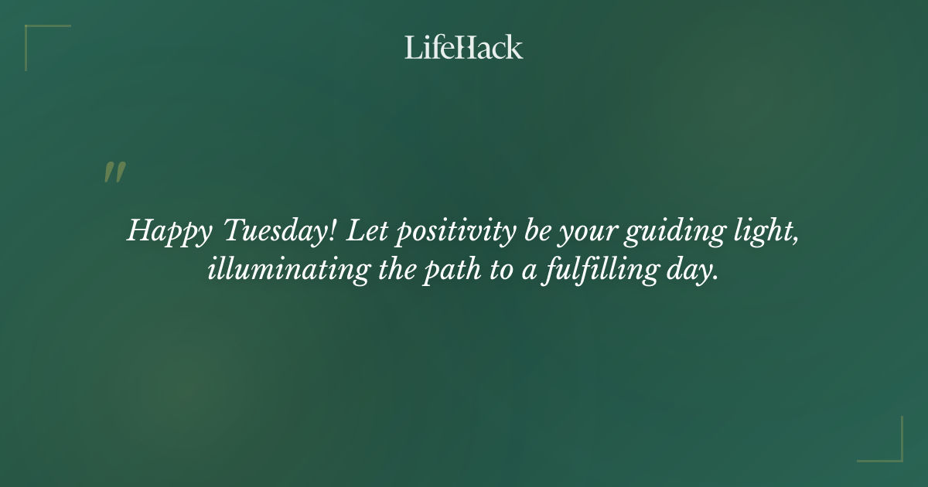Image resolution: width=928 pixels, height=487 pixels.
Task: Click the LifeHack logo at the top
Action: pyautogui.click(x=464, y=47)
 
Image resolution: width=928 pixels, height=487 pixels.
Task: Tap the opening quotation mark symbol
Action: pyautogui.click(x=114, y=172)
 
